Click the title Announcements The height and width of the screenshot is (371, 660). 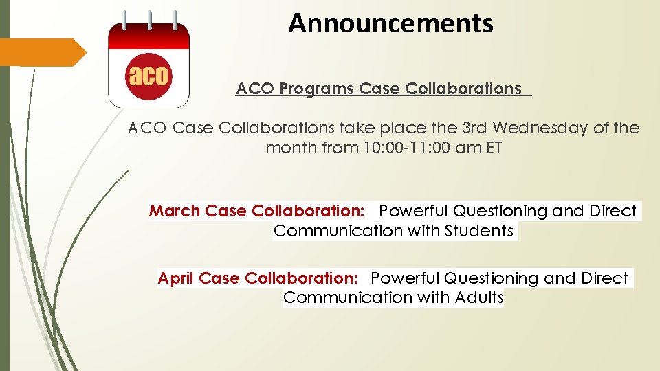[x=390, y=23]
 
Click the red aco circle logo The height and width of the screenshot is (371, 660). [x=148, y=75]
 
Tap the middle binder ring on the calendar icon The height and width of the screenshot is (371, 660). [x=148, y=21]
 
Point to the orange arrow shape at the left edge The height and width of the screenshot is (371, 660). [x=41, y=52]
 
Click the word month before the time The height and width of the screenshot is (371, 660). [x=289, y=148]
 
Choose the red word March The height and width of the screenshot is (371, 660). [x=175, y=211]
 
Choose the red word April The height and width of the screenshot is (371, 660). [x=177, y=278]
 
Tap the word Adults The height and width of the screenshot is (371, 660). [x=479, y=297]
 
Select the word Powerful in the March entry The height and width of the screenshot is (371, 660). [x=415, y=211]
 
